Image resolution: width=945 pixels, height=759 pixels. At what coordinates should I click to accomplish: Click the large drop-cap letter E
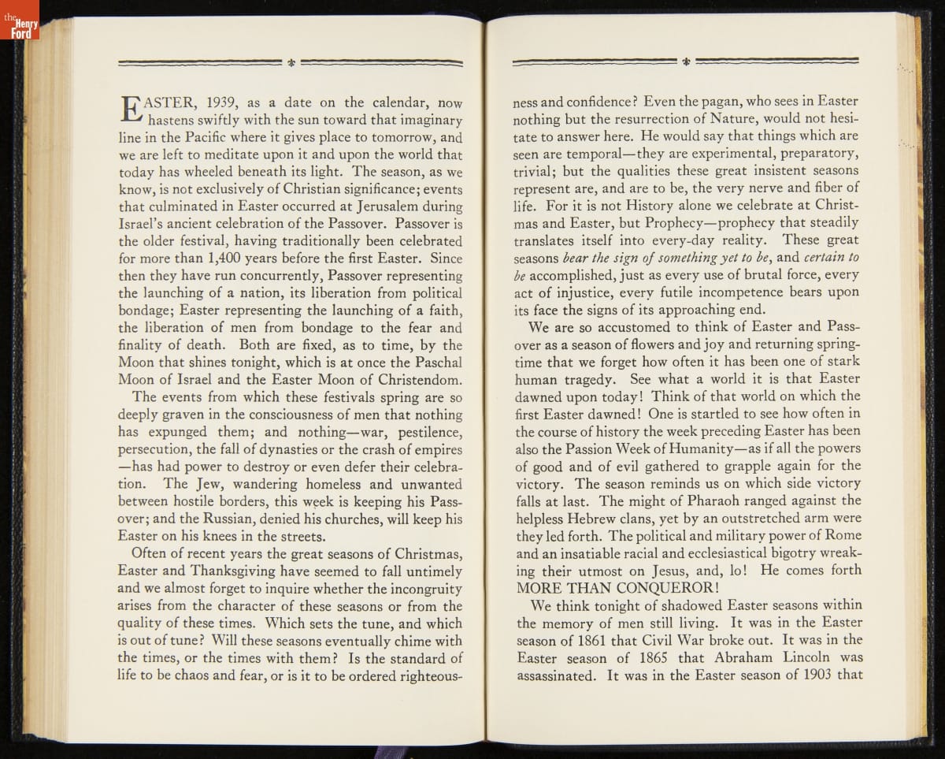pyautogui.click(x=131, y=110)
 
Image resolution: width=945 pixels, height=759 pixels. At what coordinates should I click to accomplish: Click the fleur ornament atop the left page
pyautogui.click(x=291, y=61)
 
